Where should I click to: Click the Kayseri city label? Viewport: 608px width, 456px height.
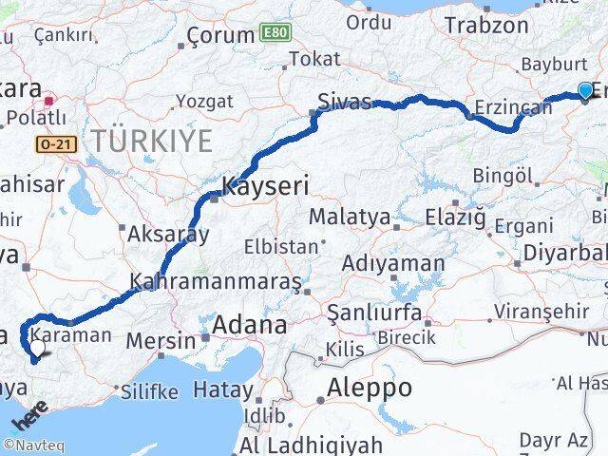tap(265, 187)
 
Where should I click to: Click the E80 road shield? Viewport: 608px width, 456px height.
tap(275, 33)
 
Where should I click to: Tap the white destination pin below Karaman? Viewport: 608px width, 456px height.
tap(36, 352)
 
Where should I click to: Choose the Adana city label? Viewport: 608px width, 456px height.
tap(250, 326)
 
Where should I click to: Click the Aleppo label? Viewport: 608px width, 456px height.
tap(369, 388)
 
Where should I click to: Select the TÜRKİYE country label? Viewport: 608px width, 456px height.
tap(151, 142)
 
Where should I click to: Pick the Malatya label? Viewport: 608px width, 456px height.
tap(349, 217)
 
